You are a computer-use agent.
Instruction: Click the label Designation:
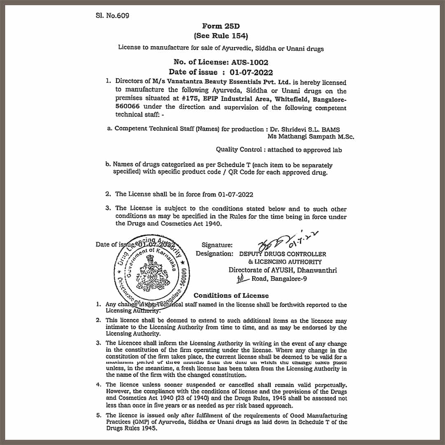tap(214, 254)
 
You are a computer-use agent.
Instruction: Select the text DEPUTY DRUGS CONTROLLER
tap(283, 254)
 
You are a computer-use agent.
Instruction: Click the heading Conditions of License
tap(231, 295)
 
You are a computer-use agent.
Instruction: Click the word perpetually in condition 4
tap(328, 384)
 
